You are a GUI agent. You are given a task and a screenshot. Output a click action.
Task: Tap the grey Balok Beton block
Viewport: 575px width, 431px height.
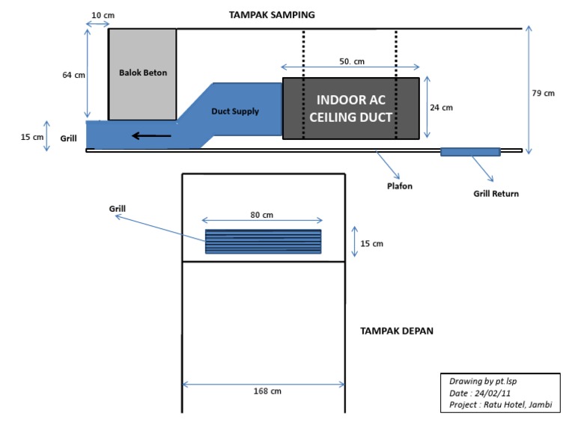[143, 73]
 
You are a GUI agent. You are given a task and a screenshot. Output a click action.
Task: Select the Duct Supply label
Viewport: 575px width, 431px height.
[235, 111]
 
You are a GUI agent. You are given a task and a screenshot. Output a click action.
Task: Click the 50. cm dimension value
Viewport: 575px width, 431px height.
[351, 61]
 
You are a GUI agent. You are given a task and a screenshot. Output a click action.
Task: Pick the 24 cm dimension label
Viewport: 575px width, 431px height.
[442, 108]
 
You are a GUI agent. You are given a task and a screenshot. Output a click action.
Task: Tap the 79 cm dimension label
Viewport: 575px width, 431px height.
[544, 94]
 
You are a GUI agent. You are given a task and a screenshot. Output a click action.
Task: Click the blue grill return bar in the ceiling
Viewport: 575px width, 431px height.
[470, 152]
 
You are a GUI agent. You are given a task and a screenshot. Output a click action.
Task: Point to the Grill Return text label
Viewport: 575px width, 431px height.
[496, 194]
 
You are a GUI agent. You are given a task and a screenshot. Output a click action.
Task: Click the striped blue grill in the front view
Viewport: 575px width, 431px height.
[264, 242]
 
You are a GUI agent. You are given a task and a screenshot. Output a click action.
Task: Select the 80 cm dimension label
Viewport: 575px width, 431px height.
[262, 215]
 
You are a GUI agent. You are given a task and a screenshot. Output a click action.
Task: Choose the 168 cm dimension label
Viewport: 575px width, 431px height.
[263, 391]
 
